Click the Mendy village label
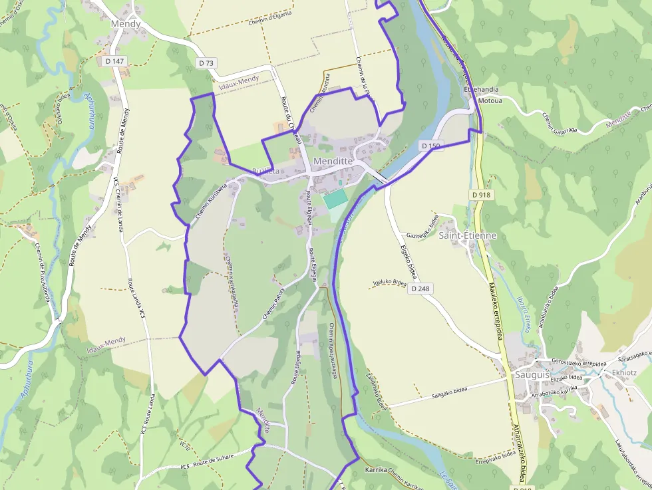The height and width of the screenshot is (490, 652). [x=126, y=24]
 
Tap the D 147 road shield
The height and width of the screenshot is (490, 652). [x=115, y=61]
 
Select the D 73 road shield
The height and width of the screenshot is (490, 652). [x=206, y=63]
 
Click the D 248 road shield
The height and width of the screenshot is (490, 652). [x=420, y=289]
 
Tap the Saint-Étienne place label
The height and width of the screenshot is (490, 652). [x=467, y=235]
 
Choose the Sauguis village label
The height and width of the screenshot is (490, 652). [x=531, y=374]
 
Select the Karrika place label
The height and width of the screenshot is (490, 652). [x=376, y=470]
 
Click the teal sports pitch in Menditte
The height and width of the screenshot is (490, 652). [x=335, y=198]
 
